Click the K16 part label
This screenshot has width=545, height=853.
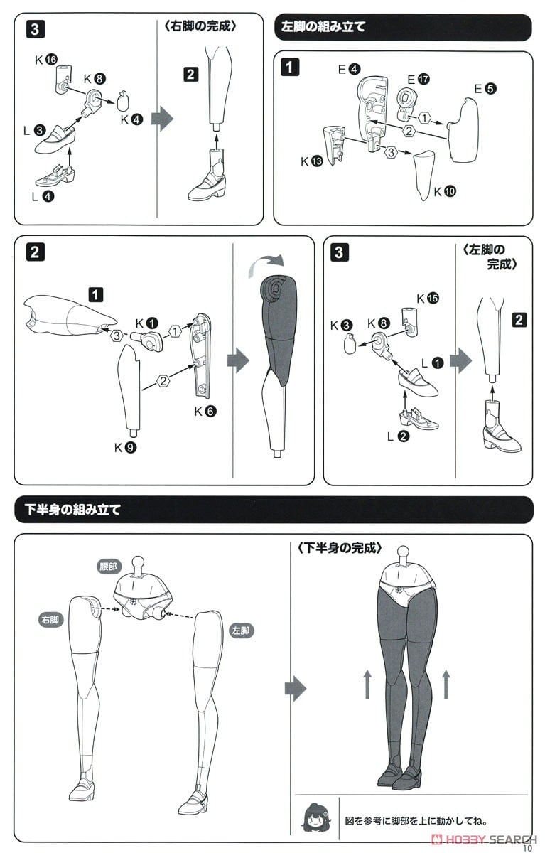tap(46, 60)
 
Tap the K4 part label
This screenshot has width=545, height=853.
tap(131, 119)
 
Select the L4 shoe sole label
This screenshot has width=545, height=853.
tap(43, 196)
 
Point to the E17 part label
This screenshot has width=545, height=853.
tap(419, 79)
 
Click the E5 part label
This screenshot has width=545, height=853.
tap(485, 89)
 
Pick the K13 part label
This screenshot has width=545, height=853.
tap(311, 161)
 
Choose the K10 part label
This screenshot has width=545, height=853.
tap(445, 191)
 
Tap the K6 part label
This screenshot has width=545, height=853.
tap(205, 411)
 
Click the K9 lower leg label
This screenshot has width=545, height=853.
tap(125, 447)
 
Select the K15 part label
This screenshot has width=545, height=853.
tap(428, 298)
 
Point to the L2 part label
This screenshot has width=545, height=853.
tap(398, 436)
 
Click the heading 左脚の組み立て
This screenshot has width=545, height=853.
tap(323, 27)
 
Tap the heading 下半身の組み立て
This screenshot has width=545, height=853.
tap(72, 510)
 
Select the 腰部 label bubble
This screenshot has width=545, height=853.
tap(109, 567)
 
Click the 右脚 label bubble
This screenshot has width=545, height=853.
tap(50, 620)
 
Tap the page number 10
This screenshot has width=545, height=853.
tap(527, 847)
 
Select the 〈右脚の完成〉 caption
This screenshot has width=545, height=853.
tap(200, 26)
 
